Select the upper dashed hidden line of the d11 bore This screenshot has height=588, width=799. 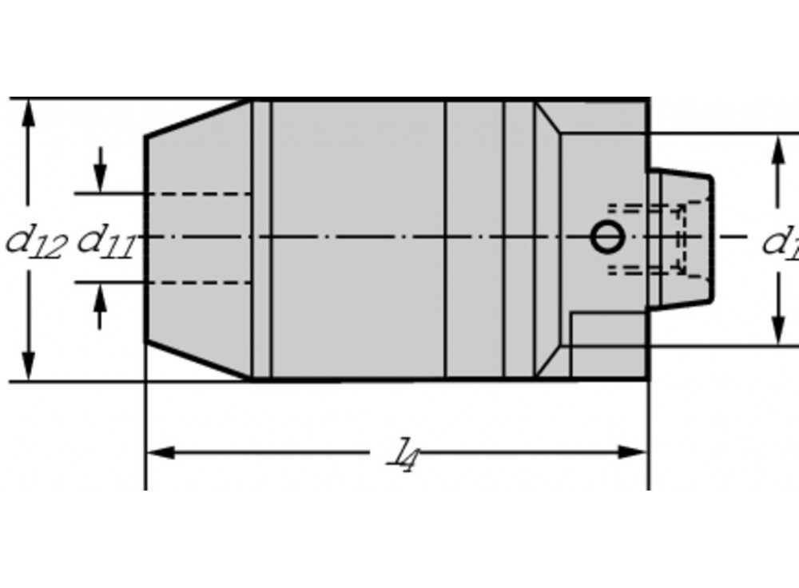click(x=200, y=194)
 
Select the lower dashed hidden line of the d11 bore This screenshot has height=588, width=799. click(x=200, y=282)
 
